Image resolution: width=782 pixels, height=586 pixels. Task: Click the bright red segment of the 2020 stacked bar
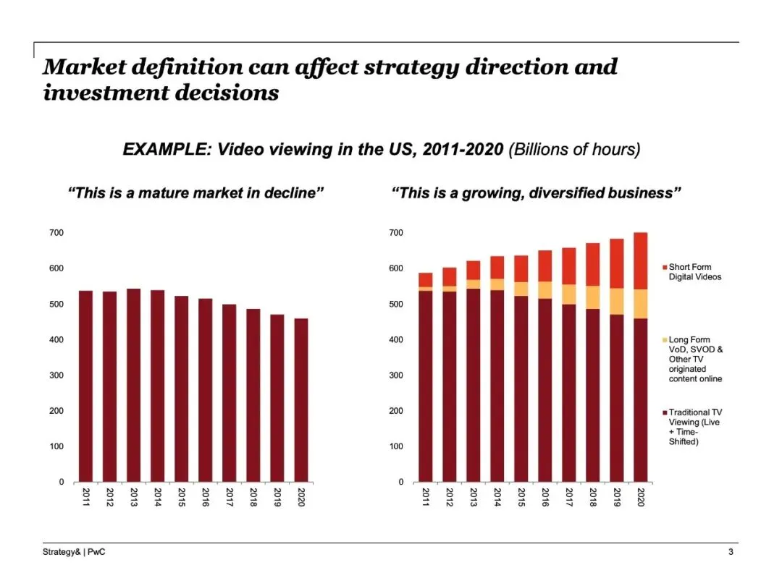point(641,260)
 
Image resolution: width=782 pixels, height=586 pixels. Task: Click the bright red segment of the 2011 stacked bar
point(426,279)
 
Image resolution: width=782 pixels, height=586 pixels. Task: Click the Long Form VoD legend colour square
point(664,340)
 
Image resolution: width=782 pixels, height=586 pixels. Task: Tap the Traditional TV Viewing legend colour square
point(664,412)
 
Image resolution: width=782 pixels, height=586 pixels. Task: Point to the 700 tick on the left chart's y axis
point(56,233)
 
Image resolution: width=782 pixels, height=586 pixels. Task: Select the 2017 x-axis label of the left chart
point(229,497)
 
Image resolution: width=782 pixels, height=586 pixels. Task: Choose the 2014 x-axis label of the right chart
point(497,497)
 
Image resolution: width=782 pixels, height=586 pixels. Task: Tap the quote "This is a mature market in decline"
point(195,193)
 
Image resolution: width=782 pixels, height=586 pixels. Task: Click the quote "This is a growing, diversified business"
point(536,193)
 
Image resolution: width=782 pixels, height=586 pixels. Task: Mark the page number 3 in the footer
point(731,553)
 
